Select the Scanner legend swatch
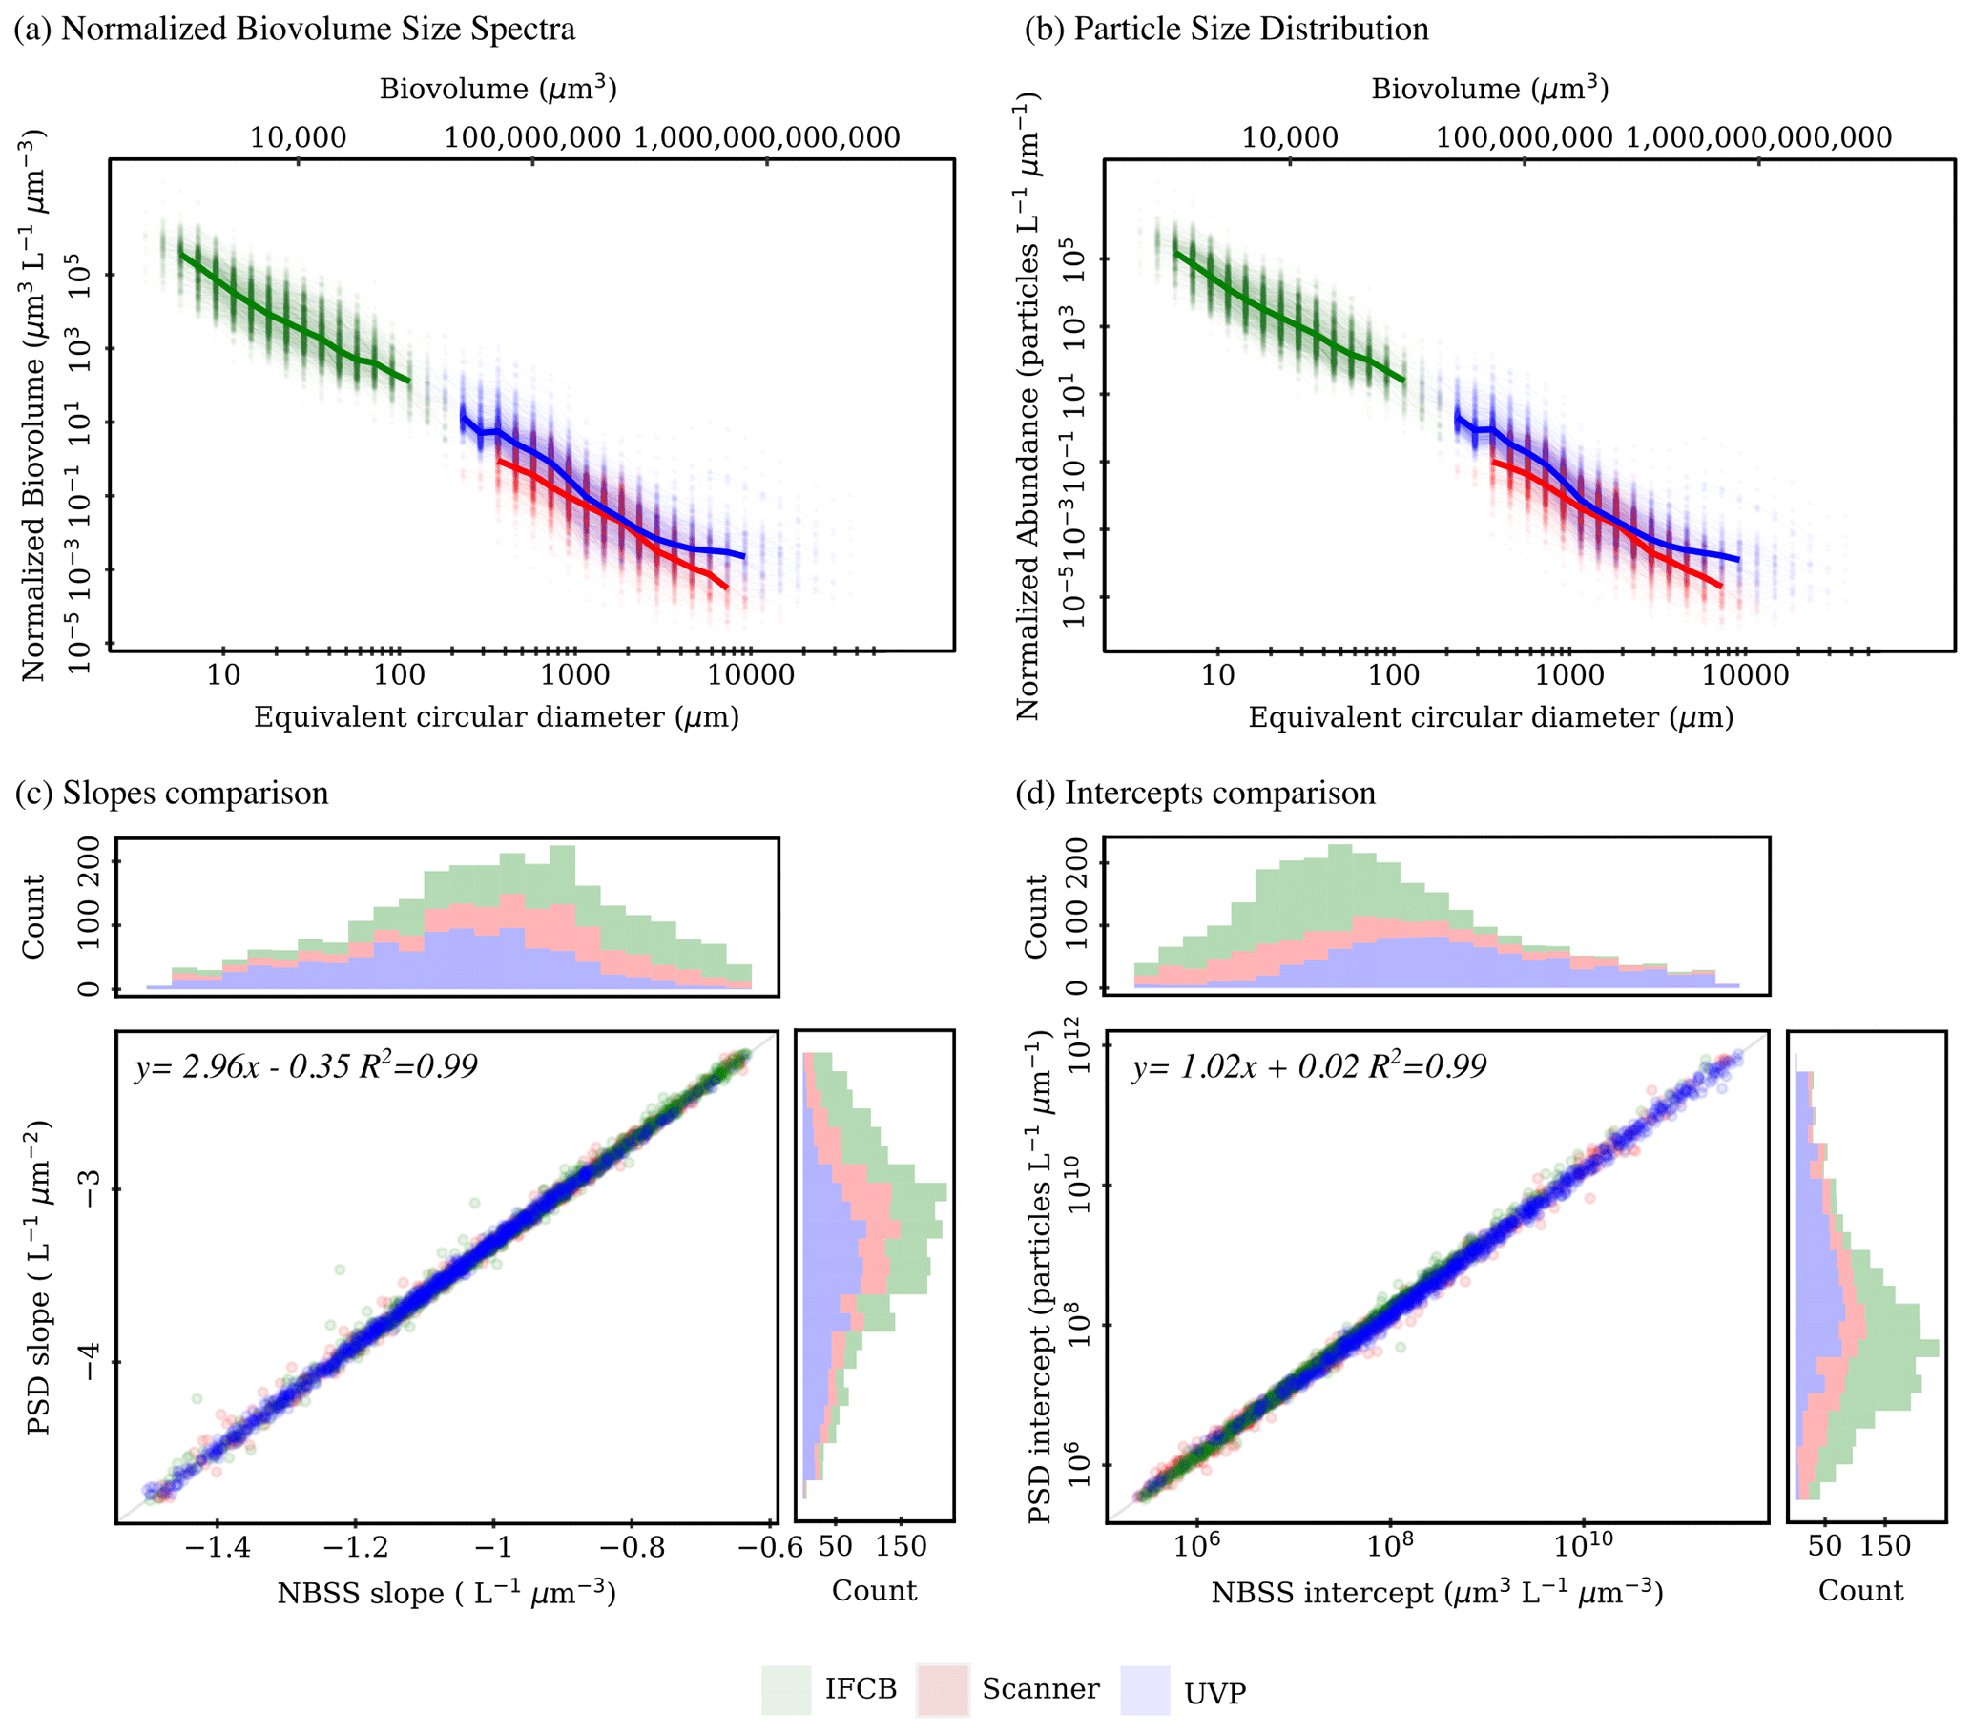click(x=942, y=1689)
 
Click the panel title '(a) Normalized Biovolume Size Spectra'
click(x=294, y=29)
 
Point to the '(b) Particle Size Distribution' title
click(x=1226, y=29)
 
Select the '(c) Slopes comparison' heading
click(x=172, y=793)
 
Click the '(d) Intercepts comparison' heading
click(x=1195, y=793)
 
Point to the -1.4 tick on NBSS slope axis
click(x=218, y=1547)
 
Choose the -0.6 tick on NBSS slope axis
click(x=769, y=1547)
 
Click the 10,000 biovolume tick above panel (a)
click(x=298, y=138)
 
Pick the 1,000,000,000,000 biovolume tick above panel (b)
click(x=1759, y=138)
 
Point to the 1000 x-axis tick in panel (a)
click(x=575, y=675)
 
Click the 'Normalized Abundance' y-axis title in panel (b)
click(x=1028, y=405)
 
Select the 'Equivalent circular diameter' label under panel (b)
click(x=1490, y=717)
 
